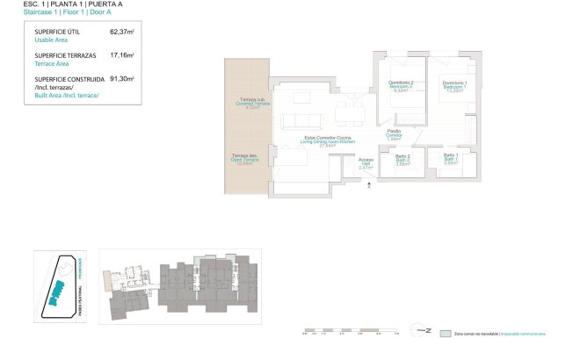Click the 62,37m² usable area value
pyautogui.click(x=121, y=32)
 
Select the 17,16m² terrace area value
pyautogui.click(x=121, y=54)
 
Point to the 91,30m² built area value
pyautogui.click(x=121, y=78)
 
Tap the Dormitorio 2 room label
pyautogui.click(x=401, y=83)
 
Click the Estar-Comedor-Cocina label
pyautogui.click(x=328, y=139)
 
